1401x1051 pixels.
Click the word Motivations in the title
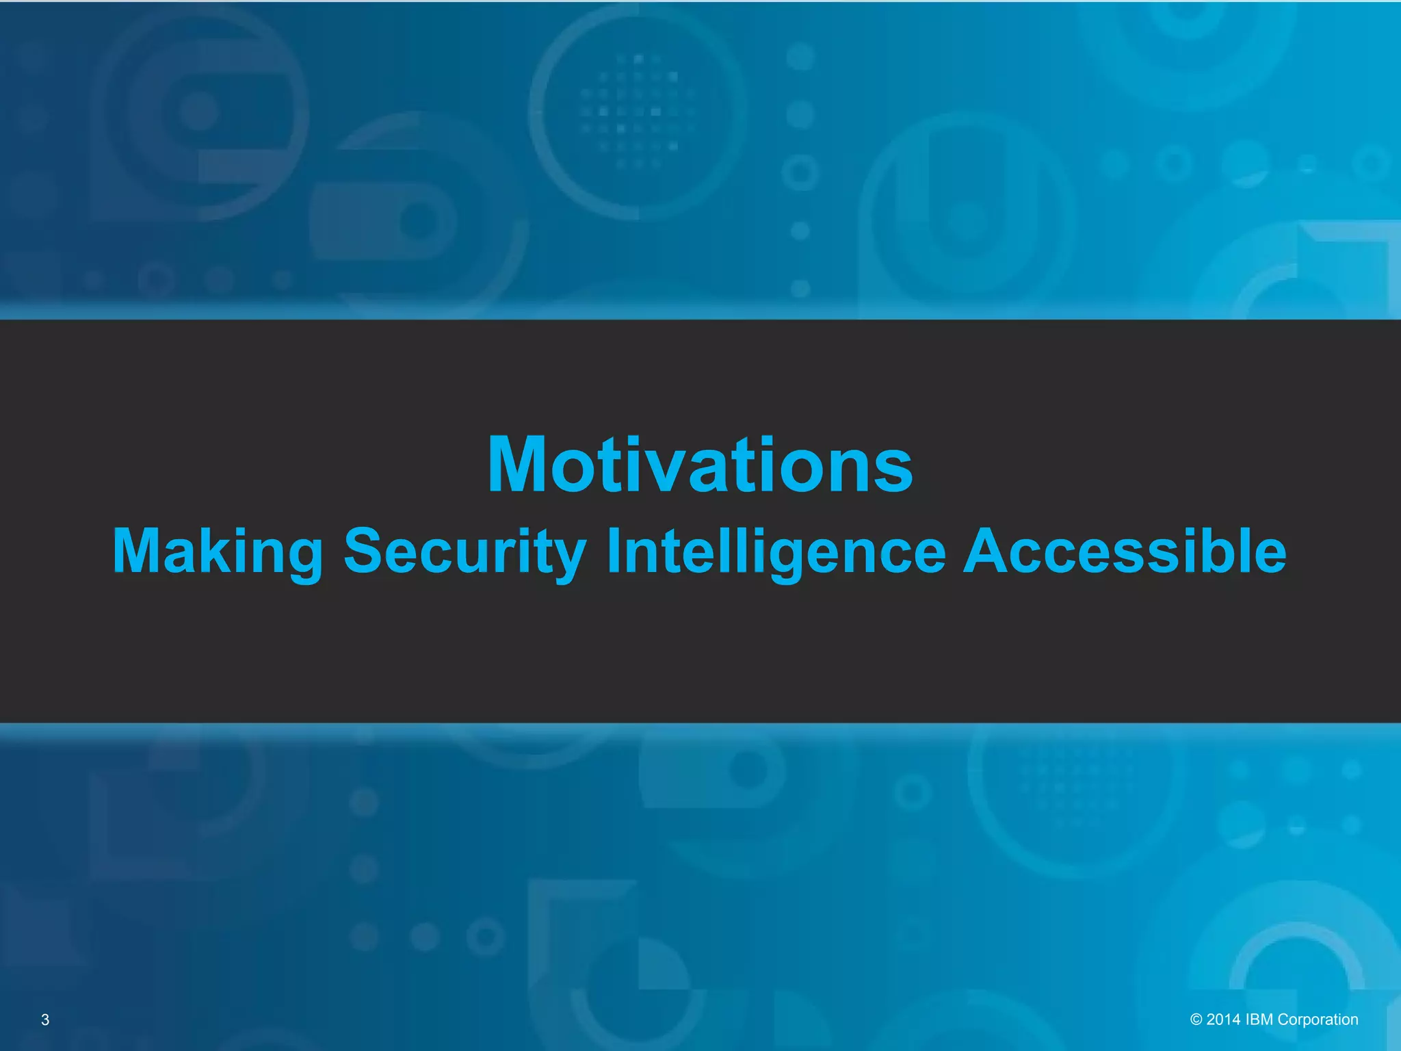click(x=700, y=465)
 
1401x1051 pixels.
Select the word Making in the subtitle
click(x=218, y=552)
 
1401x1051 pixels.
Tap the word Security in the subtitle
click(x=464, y=552)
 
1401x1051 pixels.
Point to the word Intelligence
click(x=776, y=552)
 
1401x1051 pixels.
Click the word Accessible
click(x=1125, y=552)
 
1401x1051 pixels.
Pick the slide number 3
click(x=45, y=1020)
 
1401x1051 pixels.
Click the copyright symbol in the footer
click(x=1196, y=1020)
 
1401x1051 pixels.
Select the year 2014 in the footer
click(x=1223, y=1020)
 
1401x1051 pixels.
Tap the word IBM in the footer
click(x=1259, y=1020)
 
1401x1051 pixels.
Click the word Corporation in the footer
click(x=1318, y=1020)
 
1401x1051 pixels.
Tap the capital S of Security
click(x=362, y=551)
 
